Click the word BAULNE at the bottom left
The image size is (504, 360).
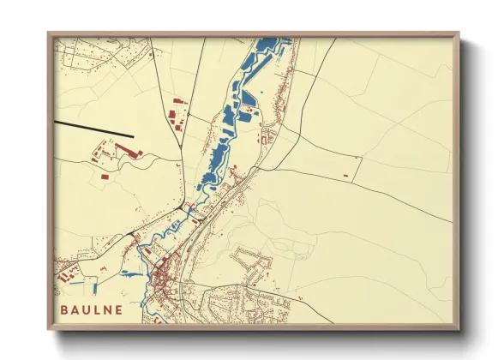[x=91, y=309]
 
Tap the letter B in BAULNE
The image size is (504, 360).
[x=64, y=309]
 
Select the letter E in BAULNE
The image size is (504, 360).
[x=117, y=309]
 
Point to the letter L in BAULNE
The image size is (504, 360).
[x=96, y=309]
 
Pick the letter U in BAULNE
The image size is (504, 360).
[x=86, y=309]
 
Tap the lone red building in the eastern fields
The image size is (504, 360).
[x=345, y=176]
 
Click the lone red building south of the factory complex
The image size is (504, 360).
[x=104, y=177]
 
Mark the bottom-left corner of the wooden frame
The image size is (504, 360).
[x=49, y=329]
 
